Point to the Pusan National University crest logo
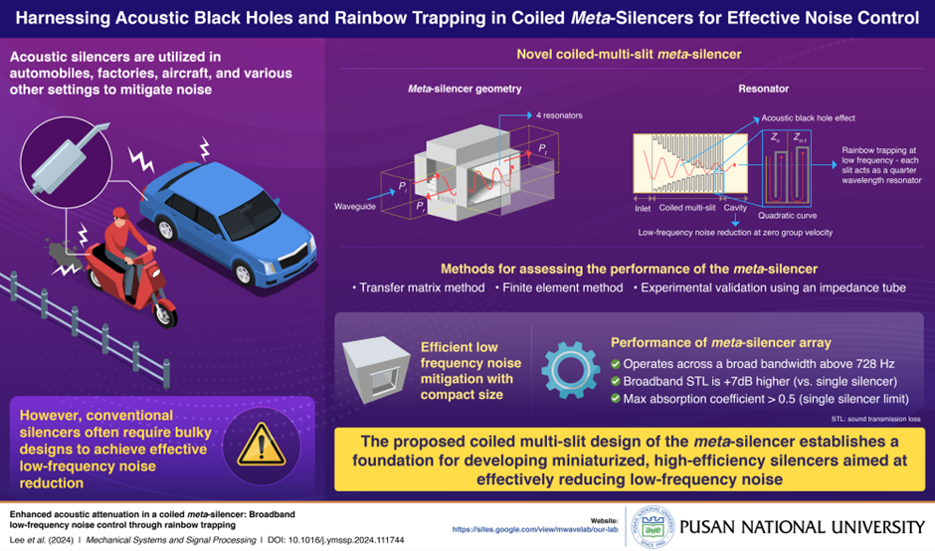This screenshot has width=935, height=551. (x=648, y=526)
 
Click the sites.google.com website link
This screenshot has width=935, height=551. (x=534, y=530)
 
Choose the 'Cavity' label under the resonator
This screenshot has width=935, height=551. (x=737, y=209)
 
